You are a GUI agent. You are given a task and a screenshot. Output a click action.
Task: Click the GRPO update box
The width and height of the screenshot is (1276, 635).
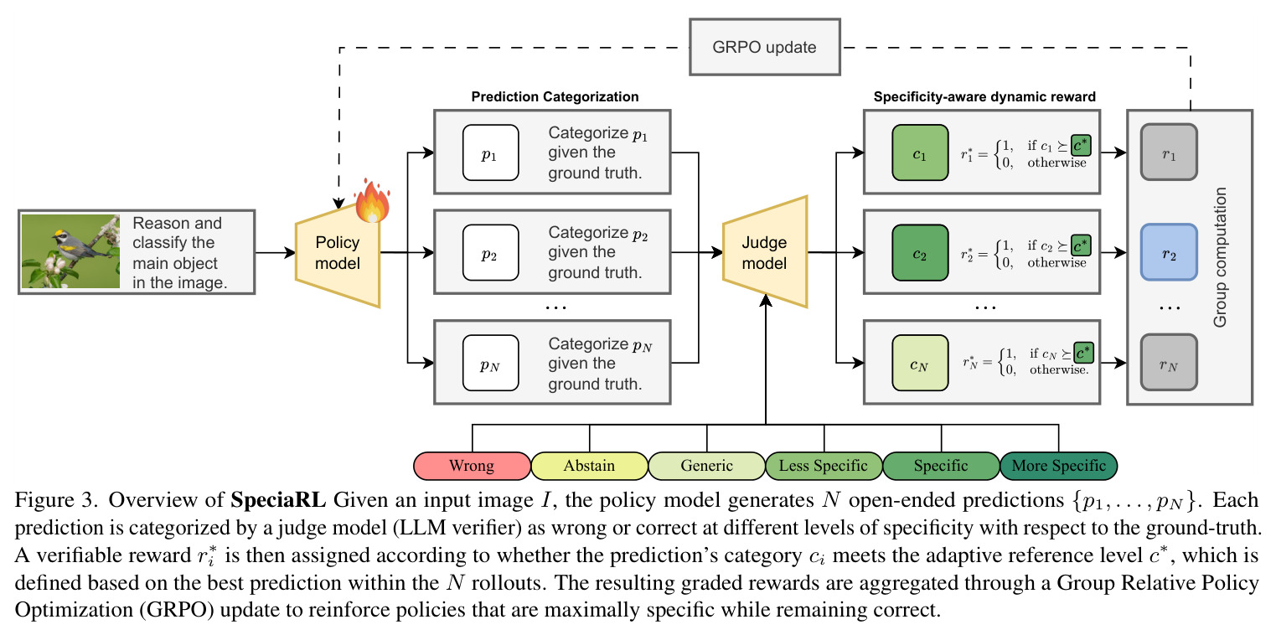pyautogui.click(x=764, y=47)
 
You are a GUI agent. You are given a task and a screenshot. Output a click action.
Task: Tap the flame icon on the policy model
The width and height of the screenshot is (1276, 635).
pyautogui.click(x=373, y=201)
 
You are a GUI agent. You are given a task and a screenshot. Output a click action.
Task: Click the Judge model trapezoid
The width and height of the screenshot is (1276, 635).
pyautogui.click(x=765, y=252)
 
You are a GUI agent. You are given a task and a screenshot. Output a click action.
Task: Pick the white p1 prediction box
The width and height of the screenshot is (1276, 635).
pyautogui.click(x=490, y=152)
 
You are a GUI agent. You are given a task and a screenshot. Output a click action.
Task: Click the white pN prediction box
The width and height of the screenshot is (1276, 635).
pyautogui.click(x=490, y=363)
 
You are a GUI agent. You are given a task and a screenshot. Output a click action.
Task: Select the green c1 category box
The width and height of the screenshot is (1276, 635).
pyautogui.click(x=920, y=152)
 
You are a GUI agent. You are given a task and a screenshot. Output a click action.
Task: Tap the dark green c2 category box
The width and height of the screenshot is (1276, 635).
pyautogui.click(x=920, y=252)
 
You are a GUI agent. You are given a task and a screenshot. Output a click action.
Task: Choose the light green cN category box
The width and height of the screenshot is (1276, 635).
pyautogui.click(x=920, y=363)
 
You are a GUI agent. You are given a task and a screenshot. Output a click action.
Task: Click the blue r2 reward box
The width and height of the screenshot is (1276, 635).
pyautogui.click(x=1169, y=252)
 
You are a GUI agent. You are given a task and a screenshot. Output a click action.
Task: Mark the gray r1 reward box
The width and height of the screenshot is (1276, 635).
pyautogui.click(x=1169, y=152)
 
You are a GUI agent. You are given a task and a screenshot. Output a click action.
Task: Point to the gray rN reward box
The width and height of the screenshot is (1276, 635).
pyautogui.click(x=1169, y=362)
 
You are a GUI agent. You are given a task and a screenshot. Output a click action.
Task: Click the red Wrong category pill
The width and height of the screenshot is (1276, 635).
pyautogui.click(x=473, y=466)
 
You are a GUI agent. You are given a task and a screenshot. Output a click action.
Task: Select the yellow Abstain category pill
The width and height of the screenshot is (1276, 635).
pyautogui.click(x=590, y=466)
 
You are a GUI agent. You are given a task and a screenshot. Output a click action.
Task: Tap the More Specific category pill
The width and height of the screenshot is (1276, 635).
pyautogui.click(x=1058, y=466)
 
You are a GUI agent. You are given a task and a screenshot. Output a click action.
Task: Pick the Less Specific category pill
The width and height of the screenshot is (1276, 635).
pyautogui.click(x=824, y=466)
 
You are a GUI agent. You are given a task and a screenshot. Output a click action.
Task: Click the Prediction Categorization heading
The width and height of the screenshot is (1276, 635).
pyautogui.click(x=555, y=97)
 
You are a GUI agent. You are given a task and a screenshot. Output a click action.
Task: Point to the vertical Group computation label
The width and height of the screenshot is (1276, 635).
pyautogui.click(x=1220, y=257)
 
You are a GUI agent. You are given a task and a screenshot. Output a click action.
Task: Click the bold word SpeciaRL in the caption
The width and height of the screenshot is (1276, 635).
pyautogui.click(x=278, y=500)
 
